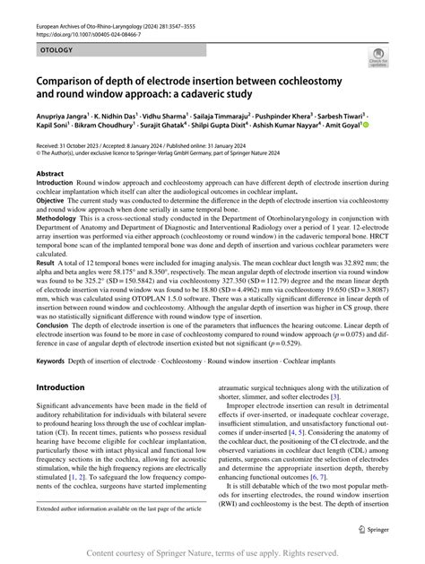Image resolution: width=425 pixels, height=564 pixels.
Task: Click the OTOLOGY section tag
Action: (x=59, y=54)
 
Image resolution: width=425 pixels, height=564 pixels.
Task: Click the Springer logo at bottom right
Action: (x=370, y=530)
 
